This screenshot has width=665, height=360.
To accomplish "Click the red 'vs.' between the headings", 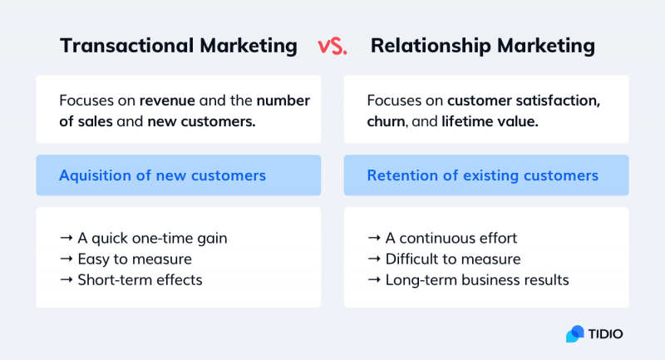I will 332,47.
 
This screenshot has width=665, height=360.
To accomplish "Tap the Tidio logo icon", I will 575,333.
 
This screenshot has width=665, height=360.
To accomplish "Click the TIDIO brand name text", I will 608,333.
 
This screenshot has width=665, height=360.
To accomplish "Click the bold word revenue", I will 167,101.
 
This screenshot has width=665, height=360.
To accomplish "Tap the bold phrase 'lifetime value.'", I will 490,121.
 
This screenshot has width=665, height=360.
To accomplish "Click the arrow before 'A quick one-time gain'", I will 66,239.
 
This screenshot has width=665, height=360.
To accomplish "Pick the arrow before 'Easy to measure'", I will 66,259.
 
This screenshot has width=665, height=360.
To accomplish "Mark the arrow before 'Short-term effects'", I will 66,280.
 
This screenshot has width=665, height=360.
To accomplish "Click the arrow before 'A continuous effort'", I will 373,239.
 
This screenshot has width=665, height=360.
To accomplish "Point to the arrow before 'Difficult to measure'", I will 373,259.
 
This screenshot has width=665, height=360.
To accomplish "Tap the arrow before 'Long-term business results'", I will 373,280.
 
